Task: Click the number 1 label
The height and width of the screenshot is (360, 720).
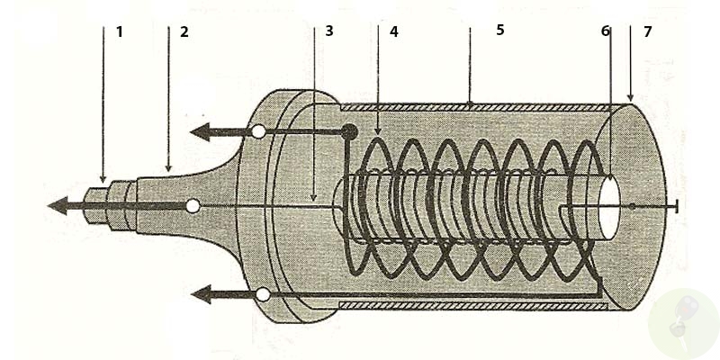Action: [x=119, y=31]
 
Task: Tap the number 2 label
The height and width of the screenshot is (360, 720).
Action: [x=184, y=31]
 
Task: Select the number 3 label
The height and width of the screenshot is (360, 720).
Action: [x=329, y=31]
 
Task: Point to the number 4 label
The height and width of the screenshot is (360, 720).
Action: [x=393, y=31]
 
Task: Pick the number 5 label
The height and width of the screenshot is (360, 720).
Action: [x=500, y=30]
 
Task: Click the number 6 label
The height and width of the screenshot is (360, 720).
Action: [x=606, y=31]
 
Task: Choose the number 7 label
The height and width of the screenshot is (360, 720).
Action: [x=647, y=31]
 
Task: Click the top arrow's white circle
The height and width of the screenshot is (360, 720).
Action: [x=258, y=132]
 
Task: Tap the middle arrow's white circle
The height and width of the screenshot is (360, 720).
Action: [x=192, y=206]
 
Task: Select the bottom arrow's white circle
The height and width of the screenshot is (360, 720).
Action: [x=262, y=294]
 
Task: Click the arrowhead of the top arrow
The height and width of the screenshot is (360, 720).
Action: [x=201, y=132]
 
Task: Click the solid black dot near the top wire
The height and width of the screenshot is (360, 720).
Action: [x=348, y=132]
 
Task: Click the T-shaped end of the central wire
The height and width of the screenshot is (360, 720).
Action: [x=674, y=207]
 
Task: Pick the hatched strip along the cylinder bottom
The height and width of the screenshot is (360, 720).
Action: [x=468, y=306]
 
